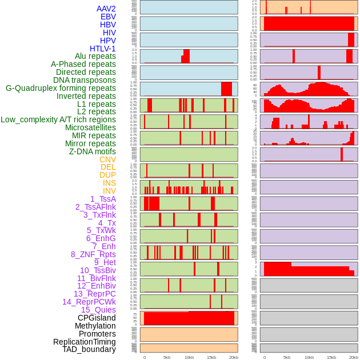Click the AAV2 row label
click(x=106, y=9)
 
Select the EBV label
click(x=108, y=17)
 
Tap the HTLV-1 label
click(x=103, y=49)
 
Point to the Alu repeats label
click(x=95, y=56)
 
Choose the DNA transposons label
click(x=85, y=80)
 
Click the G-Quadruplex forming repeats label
click(x=61, y=88)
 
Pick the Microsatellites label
click(x=90, y=127)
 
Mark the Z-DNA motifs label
click(x=93, y=151)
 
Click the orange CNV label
click(x=107, y=159)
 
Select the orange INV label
click(x=109, y=191)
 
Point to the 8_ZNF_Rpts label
click(x=93, y=254)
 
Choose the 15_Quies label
click(x=98, y=310)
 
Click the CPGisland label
click(x=97, y=318)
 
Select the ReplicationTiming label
click(x=85, y=342)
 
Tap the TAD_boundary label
click(x=89, y=349)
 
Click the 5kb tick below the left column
click(x=167, y=357)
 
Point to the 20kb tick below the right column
click(x=354, y=357)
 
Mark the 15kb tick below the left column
click(x=211, y=357)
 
